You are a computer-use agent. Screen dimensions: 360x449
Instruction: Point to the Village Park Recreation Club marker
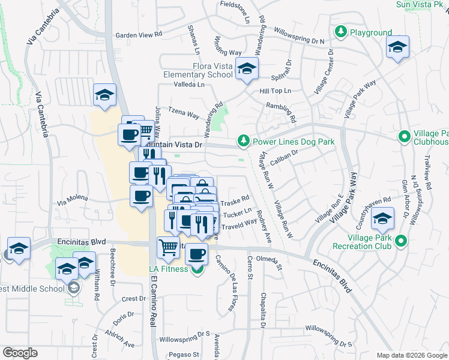click(x=403, y=242)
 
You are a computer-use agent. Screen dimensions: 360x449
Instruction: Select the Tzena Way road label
click(x=183, y=113)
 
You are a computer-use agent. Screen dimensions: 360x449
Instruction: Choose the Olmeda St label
click(x=268, y=259)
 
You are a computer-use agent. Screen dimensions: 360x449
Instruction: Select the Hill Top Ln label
click(x=275, y=91)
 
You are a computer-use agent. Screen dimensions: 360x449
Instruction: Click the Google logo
click(x=20, y=353)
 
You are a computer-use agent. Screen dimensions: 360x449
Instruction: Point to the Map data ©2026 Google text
click(x=411, y=355)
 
